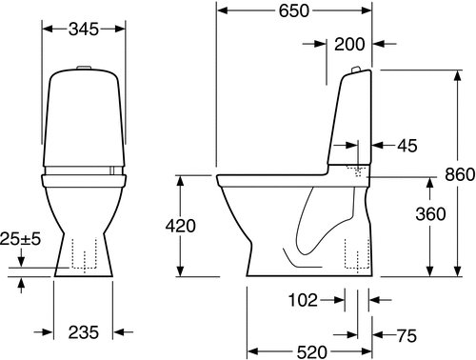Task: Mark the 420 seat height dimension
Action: click(x=180, y=226)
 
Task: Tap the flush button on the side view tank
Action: click(x=355, y=70)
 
